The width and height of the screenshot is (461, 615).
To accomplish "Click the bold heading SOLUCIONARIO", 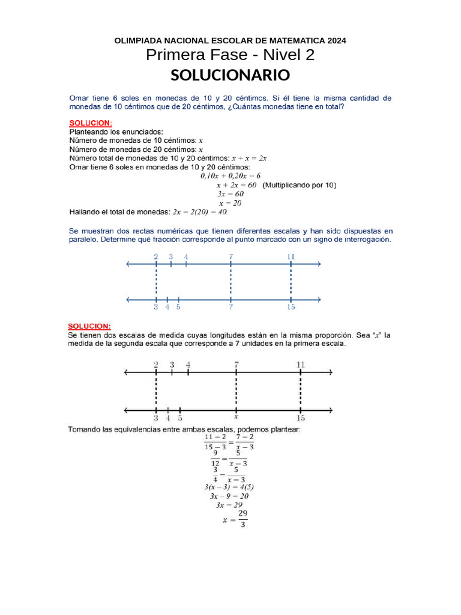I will [x=230, y=76].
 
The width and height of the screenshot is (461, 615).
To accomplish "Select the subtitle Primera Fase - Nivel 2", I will [x=230, y=56].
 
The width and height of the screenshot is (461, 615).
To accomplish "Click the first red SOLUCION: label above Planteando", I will [x=91, y=123].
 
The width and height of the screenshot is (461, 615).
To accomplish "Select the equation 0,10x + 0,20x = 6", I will [x=230, y=176].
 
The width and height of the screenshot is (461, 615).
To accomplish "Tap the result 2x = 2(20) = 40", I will [x=200, y=211].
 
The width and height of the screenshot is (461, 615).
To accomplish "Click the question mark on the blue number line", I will [x=230, y=307].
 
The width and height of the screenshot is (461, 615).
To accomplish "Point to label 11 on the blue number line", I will [x=291, y=256].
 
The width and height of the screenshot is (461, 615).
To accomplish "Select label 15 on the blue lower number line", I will [x=291, y=307].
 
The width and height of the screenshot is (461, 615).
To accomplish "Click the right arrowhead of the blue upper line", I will [x=319, y=264].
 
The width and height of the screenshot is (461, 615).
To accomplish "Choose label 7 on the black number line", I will [x=237, y=365].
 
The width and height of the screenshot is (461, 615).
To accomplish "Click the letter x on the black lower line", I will [x=236, y=416].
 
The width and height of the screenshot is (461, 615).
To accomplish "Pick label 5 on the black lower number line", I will [x=180, y=418].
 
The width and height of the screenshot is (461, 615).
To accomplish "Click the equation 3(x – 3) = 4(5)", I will [x=229, y=487].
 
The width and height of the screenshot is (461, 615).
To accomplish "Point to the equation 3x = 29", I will [x=229, y=505].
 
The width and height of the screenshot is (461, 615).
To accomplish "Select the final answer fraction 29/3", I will [x=243, y=519].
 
